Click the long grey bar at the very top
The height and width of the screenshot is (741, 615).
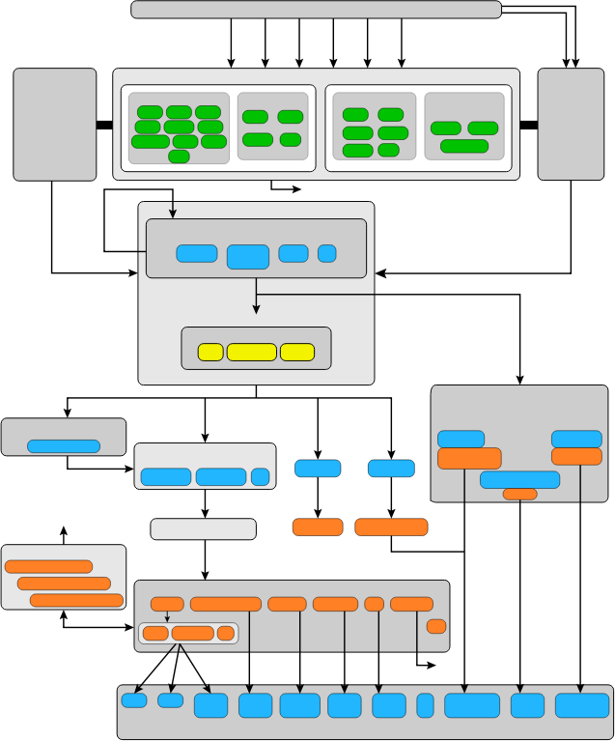[x=316, y=10]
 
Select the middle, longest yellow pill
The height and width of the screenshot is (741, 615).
[x=251, y=352]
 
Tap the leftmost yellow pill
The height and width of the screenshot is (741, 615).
[x=210, y=352]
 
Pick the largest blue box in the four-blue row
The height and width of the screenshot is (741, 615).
[x=247, y=256]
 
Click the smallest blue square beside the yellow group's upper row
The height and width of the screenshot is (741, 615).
[x=326, y=253]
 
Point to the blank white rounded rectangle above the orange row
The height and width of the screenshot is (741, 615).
[x=203, y=529]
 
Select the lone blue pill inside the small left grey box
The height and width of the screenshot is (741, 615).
[x=64, y=446]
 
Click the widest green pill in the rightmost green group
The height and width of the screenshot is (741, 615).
[x=464, y=146]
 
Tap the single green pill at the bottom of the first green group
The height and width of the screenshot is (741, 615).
[x=179, y=157]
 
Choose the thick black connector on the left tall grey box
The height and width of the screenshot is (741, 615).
[x=104, y=124]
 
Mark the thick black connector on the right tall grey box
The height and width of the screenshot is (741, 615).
[x=528, y=124]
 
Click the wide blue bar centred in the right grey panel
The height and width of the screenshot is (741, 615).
[x=519, y=479]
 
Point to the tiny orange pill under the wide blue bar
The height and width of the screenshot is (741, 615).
[x=519, y=494]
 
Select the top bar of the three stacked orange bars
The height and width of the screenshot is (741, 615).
[x=48, y=567]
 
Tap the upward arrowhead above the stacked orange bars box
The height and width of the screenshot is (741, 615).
[x=64, y=529]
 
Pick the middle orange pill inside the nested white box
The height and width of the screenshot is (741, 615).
[x=192, y=634]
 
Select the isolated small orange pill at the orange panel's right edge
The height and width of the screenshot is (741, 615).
[x=436, y=626]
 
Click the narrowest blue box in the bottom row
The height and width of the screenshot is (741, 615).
[x=425, y=705]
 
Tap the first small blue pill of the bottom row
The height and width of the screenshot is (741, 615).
[x=134, y=700]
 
